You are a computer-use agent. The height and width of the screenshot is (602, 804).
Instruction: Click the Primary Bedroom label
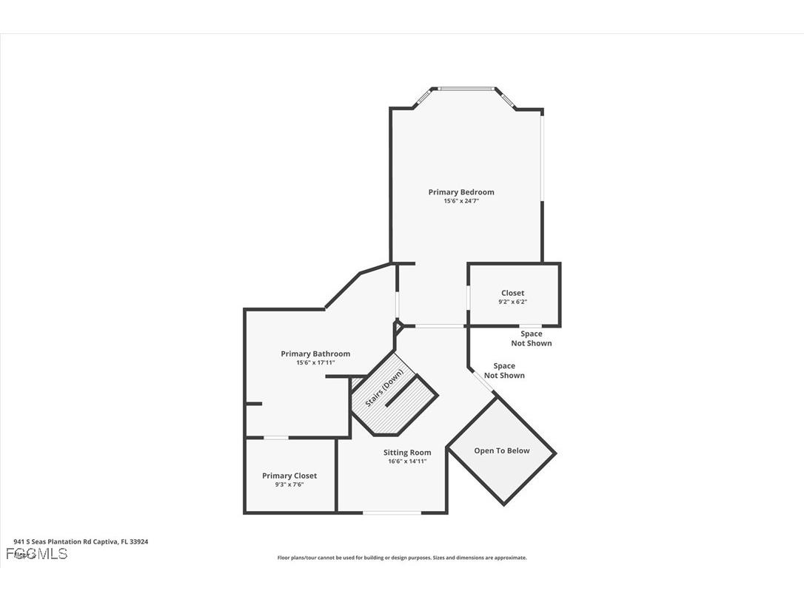[x=460, y=192]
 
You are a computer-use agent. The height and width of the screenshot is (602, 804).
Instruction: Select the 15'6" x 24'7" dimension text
[x=460, y=201]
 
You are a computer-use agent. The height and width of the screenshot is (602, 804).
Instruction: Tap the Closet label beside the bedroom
[x=512, y=293]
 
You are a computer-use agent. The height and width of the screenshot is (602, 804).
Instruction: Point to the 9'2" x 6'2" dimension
[x=512, y=302]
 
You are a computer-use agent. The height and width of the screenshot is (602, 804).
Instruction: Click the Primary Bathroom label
[x=315, y=354]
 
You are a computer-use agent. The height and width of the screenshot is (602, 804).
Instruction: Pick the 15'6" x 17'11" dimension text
[x=315, y=362]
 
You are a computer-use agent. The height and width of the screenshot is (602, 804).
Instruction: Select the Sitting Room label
[x=407, y=453]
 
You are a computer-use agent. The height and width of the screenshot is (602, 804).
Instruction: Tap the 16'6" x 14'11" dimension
[x=407, y=461]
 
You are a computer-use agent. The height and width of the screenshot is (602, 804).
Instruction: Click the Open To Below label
[x=502, y=450]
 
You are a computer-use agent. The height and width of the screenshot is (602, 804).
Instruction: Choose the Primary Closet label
[x=289, y=476]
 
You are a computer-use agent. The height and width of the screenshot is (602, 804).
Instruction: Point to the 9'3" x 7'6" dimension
[x=289, y=484]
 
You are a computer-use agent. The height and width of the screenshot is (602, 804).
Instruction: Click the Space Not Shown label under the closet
[x=531, y=339]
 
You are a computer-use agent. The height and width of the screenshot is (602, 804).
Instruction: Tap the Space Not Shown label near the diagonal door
[x=504, y=371]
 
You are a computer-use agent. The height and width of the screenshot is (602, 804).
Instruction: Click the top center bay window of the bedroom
[x=466, y=89]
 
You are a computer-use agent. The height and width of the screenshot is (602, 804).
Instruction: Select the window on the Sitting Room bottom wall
[x=392, y=513]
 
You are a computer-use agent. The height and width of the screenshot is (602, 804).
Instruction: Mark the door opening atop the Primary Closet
[x=276, y=438]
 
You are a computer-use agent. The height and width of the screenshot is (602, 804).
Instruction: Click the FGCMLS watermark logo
[x=36, y=553]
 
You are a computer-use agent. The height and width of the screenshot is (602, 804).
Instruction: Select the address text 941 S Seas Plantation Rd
[x=81, y=541]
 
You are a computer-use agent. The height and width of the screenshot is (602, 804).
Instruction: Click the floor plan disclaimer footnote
[x=402, y=558]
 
